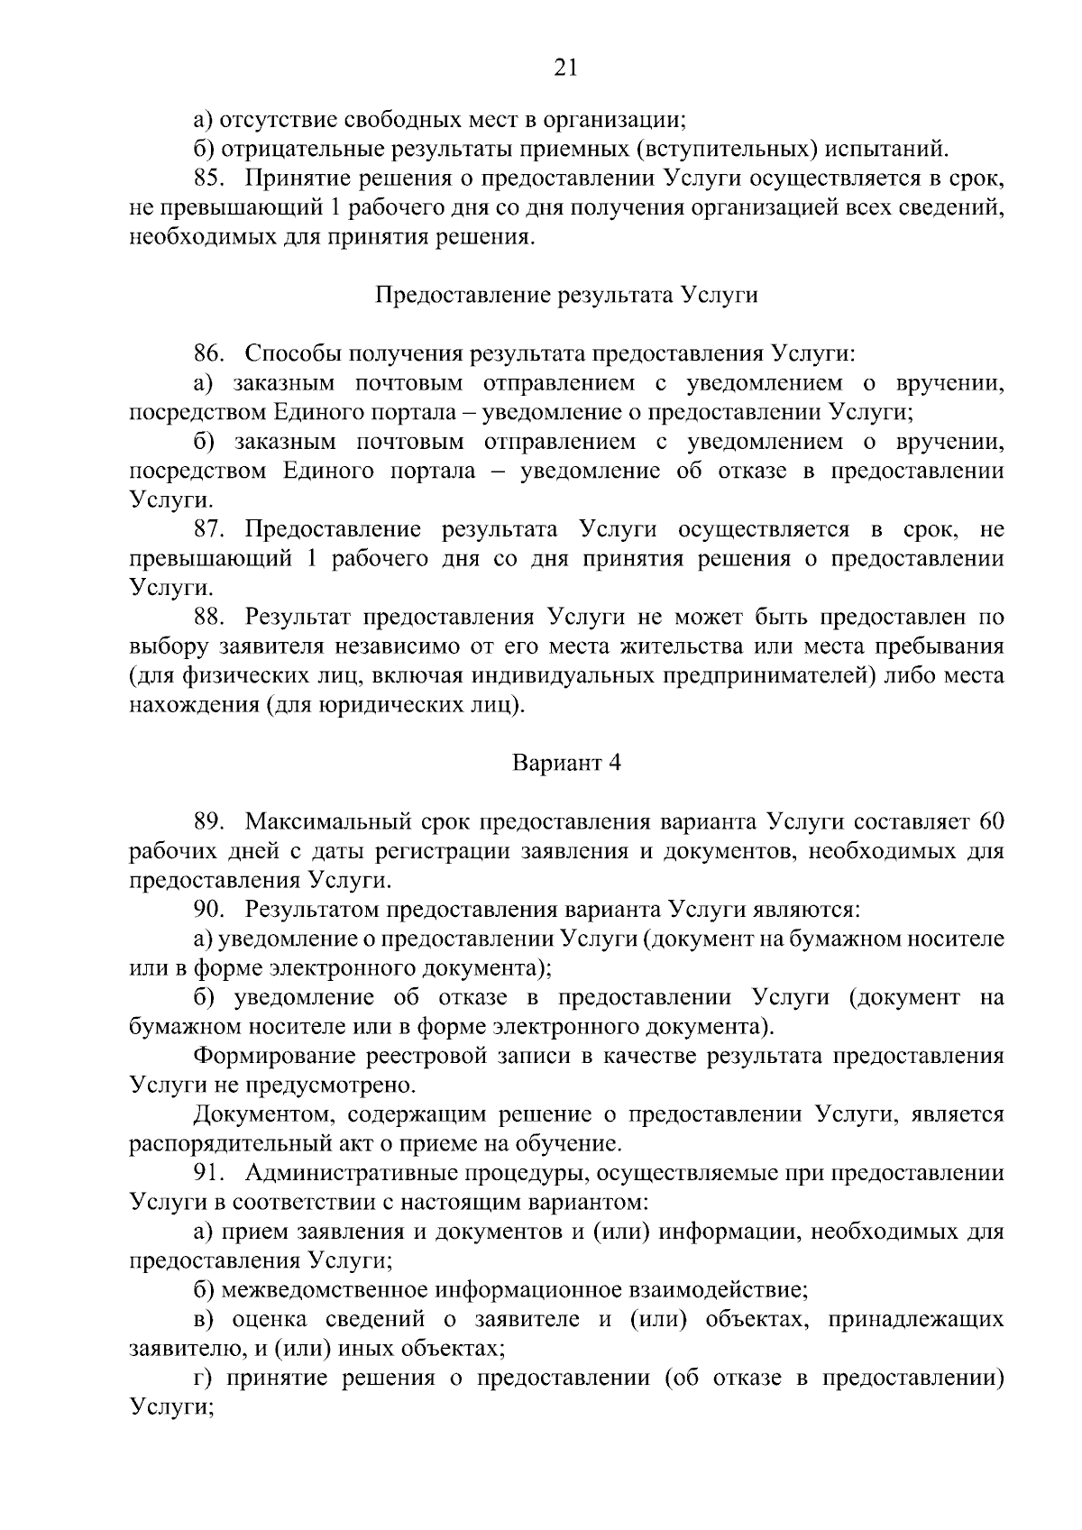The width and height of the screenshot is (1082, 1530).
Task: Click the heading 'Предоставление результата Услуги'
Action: (565, 296)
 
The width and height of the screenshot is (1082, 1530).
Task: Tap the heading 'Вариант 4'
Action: (566, 763)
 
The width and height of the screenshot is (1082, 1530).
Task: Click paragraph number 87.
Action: (210, 529)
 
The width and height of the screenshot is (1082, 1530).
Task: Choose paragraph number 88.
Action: (210, 618)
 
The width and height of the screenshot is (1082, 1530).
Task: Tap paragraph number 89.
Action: (210, 821)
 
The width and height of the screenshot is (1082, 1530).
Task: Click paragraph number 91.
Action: (210, 1174)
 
